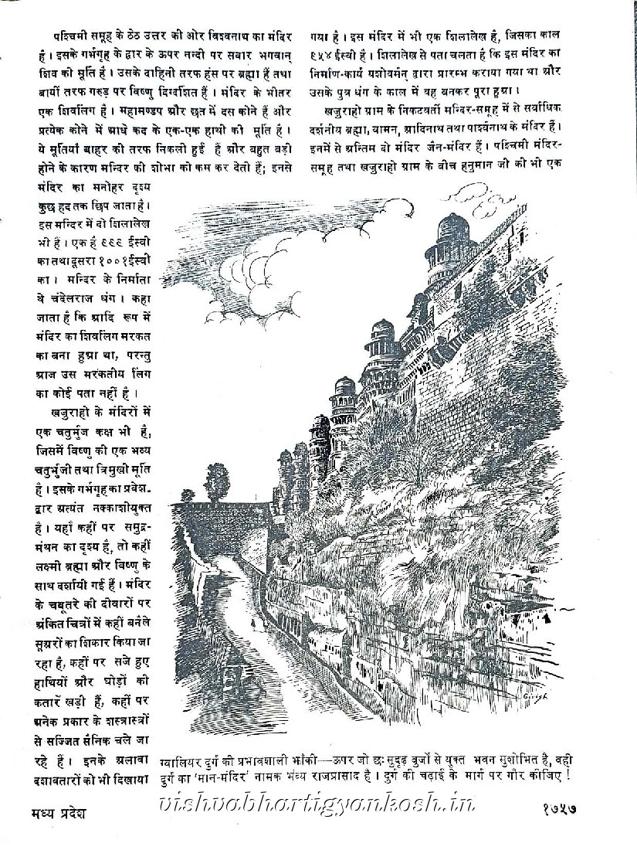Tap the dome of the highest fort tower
[x=451, y=225]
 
